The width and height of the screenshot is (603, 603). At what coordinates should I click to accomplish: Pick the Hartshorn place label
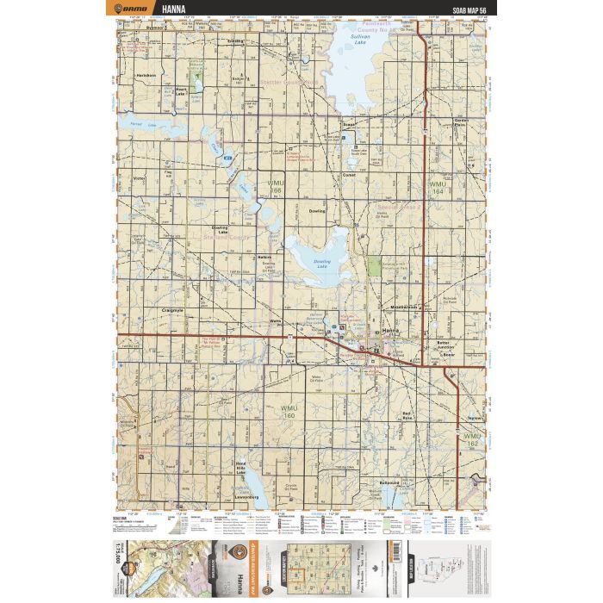[x=146, y=75]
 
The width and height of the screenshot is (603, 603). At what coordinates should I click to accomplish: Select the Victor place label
[x=140, y=178]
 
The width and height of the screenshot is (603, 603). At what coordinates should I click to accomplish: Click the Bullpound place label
[x=389, y=483]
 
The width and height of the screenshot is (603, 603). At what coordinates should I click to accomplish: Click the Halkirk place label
[x=264, y=257]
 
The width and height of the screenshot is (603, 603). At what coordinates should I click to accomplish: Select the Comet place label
[x=350, y=176]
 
